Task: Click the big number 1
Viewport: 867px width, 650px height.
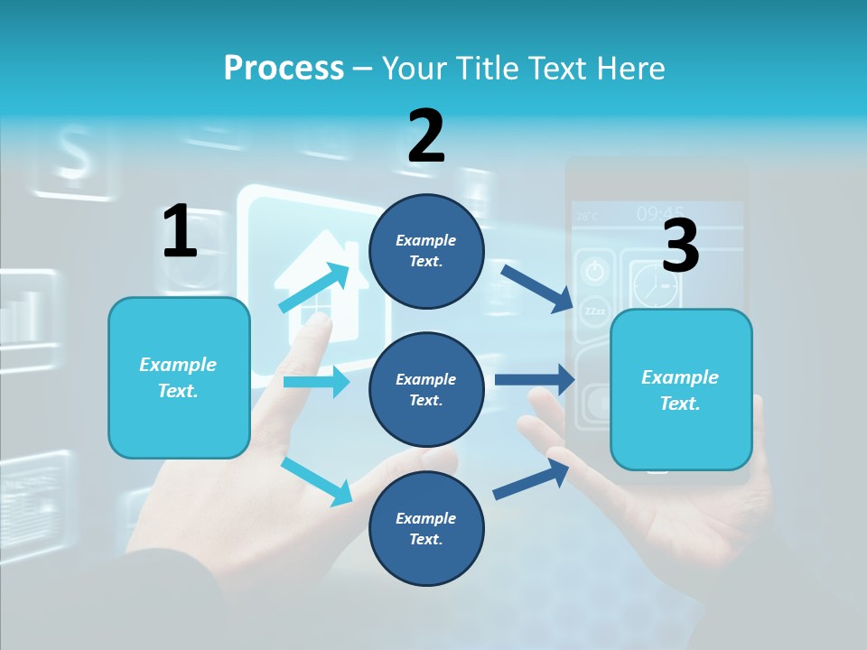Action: tap(180, 231)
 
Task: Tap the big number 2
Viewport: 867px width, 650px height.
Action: tap(426, 136)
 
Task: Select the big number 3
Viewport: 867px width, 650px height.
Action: tap(680, 246)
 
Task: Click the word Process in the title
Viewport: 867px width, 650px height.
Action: tap(284, 68)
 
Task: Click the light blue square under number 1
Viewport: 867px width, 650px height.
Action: tap(179, 377)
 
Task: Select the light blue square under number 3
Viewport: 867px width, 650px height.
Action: tap(681, 389)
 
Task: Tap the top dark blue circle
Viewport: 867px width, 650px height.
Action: tap(426, 251)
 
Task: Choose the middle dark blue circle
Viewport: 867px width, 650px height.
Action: tap(426, 389)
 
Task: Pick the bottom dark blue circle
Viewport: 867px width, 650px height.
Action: tap(426, 528)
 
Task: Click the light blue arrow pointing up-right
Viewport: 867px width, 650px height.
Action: tap(314, 288)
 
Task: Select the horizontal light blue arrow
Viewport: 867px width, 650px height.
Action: tap(316, 382)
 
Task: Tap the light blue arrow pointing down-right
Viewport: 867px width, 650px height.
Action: tap(316, 481)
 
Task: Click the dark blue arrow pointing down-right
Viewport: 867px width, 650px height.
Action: tap(537, 288)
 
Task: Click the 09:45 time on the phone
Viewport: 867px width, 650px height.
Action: tap(659, 214)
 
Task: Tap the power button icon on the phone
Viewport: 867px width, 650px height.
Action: tap(594, 270)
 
